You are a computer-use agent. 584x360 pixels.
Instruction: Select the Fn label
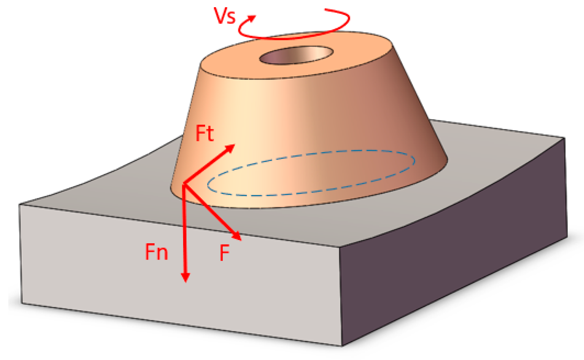click(157, 252)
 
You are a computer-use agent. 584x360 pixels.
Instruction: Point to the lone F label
click(225, 253)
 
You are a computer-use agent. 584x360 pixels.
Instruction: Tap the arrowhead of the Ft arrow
click(231, 147)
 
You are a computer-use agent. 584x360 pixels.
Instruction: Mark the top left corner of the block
click(20, 205)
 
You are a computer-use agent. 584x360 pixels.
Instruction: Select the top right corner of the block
click(565, 138)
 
